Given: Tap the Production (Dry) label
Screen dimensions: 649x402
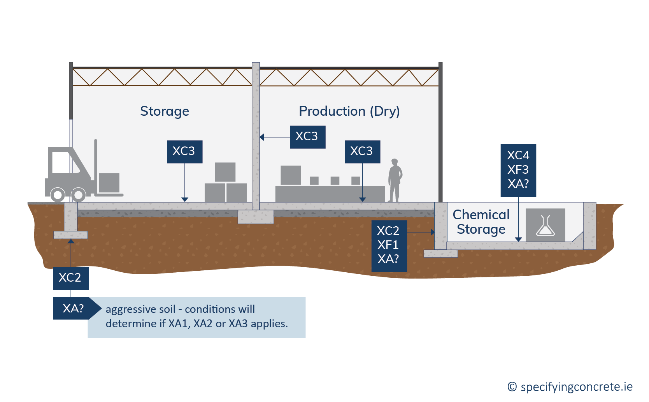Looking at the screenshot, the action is point(349,111).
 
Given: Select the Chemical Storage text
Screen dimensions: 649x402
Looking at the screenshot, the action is point(481,222).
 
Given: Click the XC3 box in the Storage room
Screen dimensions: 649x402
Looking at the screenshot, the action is point(184,152).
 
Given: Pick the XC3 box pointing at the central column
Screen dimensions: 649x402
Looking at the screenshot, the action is point(307,137).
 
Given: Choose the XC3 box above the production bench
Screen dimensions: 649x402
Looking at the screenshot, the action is point(362,152).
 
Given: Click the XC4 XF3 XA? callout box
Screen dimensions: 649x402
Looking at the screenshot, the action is point(518,170).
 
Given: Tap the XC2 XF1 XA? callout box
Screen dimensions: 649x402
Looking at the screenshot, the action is point(389,246).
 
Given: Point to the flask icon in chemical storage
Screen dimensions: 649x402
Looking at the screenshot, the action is point(545,225).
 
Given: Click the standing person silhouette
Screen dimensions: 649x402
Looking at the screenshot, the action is point(395,180).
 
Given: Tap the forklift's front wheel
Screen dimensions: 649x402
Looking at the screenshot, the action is point(78,195).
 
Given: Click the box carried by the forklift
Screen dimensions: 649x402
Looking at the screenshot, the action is point(109,183).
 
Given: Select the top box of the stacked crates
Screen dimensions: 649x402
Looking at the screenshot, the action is point(225,172).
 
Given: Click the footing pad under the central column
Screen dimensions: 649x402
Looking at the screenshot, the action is point(256,217).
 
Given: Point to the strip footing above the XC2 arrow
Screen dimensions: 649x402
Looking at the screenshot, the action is point(71,235).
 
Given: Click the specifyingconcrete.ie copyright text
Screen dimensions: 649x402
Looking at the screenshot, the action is point(570,387).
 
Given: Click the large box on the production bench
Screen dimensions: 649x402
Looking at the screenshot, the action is point(291,175).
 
